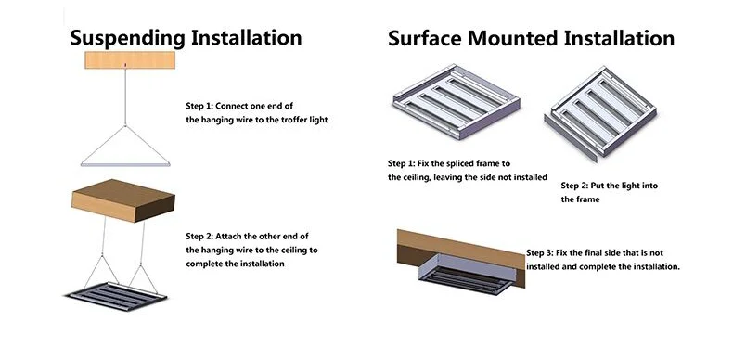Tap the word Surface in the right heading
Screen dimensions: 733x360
click(x=425, y=38)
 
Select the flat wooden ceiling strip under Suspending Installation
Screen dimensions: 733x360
click(x=130, y=59)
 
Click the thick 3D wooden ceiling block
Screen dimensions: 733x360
click(x=123, y=200)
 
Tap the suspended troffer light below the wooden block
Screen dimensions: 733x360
click(x=116, y=296)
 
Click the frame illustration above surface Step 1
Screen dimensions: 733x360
click(x=456, y=101)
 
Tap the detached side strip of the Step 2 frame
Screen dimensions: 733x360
click(x=571, y=138)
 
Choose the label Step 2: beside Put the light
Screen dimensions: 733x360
click(x=574, y=186)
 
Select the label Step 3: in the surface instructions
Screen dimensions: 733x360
click(x=540, y=253)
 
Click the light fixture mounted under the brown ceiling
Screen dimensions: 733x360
click(x=466, y=275)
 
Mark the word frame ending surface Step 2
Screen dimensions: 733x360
click(x=587, y=199)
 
